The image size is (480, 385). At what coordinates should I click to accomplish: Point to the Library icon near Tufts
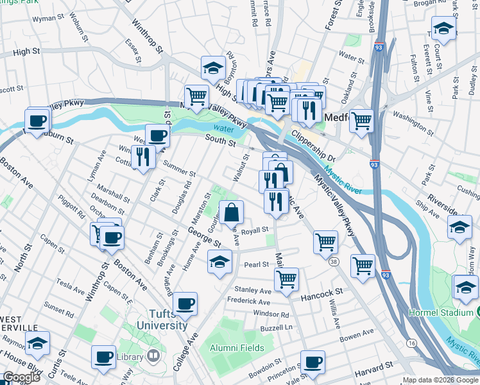point(153,355)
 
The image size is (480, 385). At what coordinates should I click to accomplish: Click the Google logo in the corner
point(21,377)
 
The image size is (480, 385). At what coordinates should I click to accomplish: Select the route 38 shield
point(334,262)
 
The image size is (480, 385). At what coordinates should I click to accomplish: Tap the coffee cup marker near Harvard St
point(313,362)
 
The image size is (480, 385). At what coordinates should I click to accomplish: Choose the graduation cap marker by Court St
point(443,28)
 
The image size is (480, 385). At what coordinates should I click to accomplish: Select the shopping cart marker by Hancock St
point(286,278)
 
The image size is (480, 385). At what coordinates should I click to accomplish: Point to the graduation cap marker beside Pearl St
point(219,262)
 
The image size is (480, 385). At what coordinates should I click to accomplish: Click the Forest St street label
point(332,15)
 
